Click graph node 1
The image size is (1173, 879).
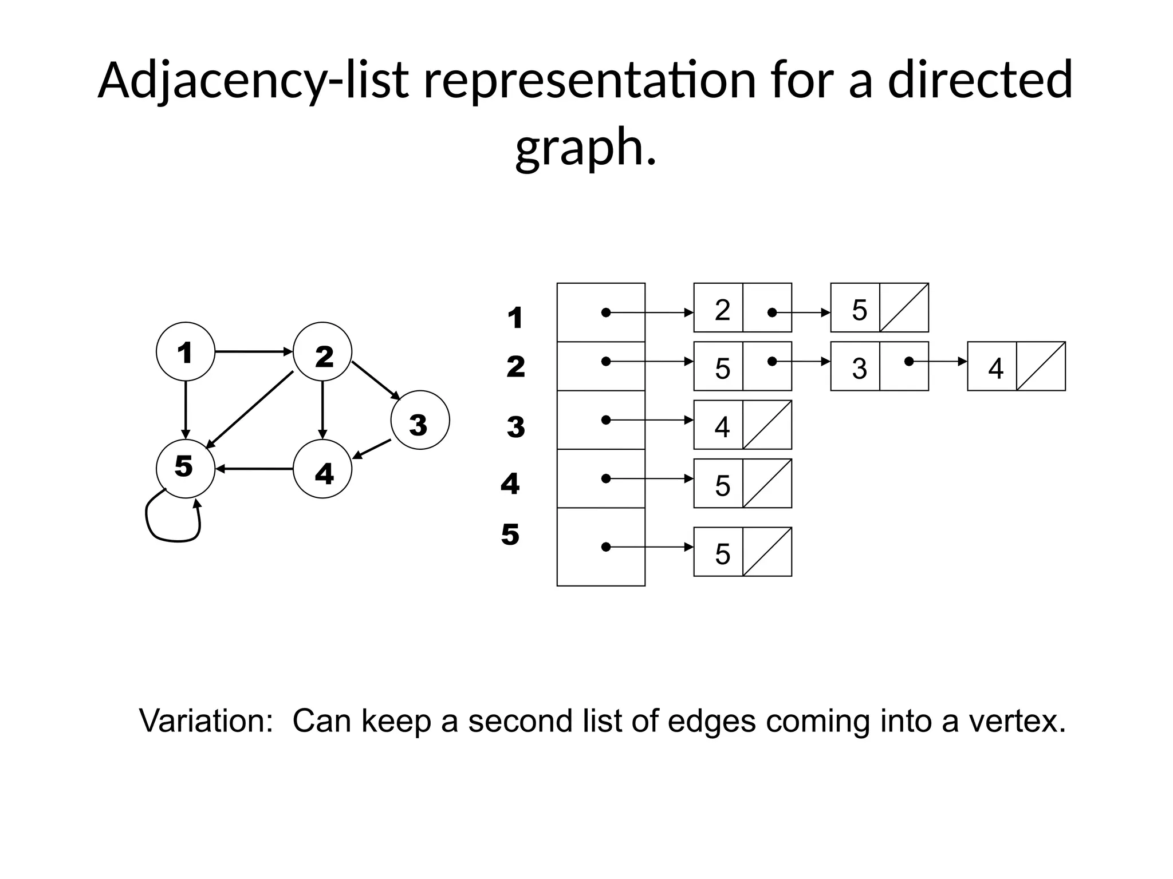(x=185, y=351)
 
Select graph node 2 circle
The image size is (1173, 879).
(x=322, y=351)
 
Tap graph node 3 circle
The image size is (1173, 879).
(x=420, y=420)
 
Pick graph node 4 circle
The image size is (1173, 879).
(x=322, y=469)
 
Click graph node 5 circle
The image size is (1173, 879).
(x=185, y=469)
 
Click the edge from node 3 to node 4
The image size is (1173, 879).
(x=372, y=449)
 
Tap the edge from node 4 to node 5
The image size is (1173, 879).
(x=254, y=469)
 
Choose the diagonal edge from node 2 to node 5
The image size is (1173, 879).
(x=250, y=410)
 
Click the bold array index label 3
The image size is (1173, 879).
(x=515, y=427)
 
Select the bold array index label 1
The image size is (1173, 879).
(x=515, y=318)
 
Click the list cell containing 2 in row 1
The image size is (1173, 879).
(x=718, y=308)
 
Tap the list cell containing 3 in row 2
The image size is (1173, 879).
(x=855, y=367)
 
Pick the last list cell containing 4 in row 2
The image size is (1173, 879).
(x=992, y=367)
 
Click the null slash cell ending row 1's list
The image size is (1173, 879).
(x=904, y=308)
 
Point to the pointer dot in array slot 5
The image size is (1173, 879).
(x=605, y=547)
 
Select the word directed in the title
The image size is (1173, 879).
(x=979, y=80)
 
